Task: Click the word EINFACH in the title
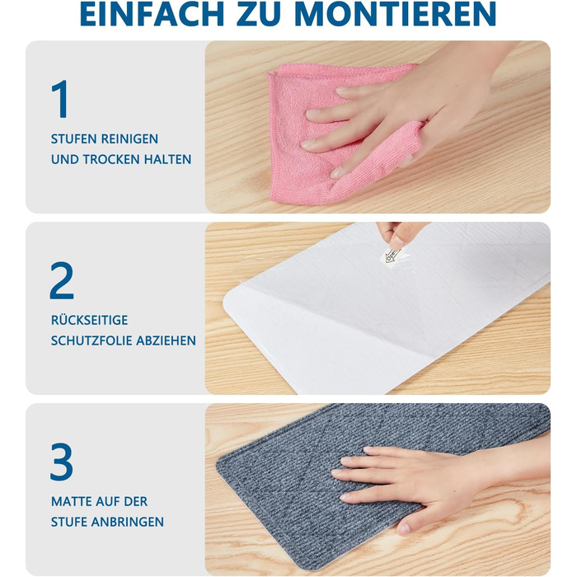pos(152,14)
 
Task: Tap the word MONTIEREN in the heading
pos(395,14)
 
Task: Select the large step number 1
pos(60,99)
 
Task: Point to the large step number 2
pos(62,280)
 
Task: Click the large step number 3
pos(62,462)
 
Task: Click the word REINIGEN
pos(129,139)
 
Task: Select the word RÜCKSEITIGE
pos(89,320)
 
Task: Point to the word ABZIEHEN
pos(166,340)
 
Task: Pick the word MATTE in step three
pos(70,501)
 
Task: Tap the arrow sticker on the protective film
pos(392,256)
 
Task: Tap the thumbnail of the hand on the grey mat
pos(403,529)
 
